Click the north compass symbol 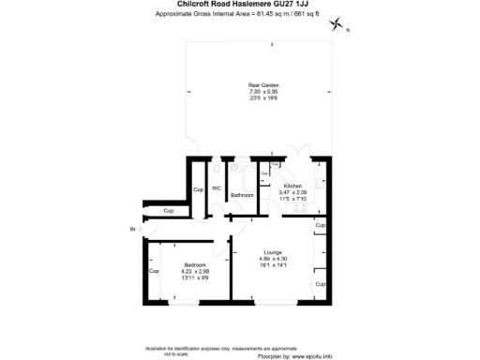338,27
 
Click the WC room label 216,189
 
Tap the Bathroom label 243,195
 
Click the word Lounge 272,251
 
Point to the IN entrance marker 133,229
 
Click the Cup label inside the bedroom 154,272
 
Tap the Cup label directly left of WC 198,190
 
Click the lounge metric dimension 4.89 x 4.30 272,258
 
